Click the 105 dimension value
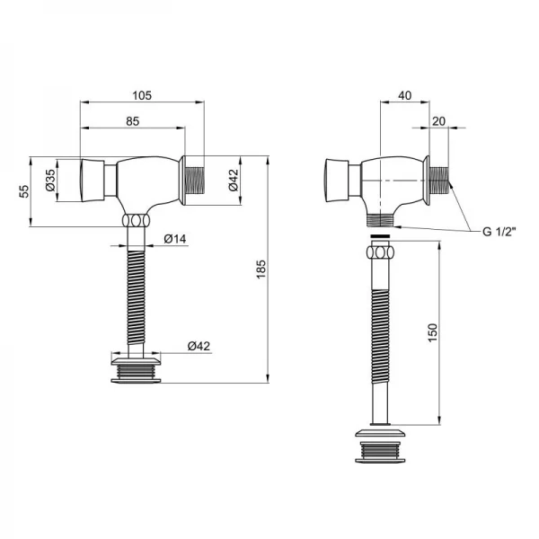coord(142,94)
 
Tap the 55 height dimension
coord(25,191)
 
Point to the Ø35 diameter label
coord(51,180)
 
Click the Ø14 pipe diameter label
coord(175,238)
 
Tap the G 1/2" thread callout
coord(500,232)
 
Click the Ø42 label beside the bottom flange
coord(199,347)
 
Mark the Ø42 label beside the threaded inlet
coord(233,180)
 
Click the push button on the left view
coord(94,180)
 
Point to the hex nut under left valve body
coord(135,221)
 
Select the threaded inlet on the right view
coord(439,180)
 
